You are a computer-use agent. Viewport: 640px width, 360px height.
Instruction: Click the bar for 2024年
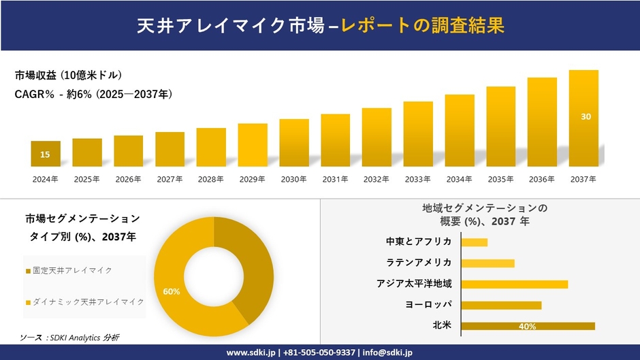click(46, 154)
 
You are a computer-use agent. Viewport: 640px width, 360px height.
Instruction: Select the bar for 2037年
click(583, 118)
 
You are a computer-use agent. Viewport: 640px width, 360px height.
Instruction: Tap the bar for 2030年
click(294, 143)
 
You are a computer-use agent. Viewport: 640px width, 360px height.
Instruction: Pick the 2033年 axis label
click(417, 180)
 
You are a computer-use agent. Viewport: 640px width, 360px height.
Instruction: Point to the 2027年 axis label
click(170, 180)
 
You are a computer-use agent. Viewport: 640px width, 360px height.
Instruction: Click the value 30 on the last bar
click(586, 117)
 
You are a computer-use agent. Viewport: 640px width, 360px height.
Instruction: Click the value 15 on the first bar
click(45, 155)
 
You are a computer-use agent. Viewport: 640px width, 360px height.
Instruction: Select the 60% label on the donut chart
click(172, 291)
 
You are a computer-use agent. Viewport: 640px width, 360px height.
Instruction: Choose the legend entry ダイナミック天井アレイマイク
click(84, 301)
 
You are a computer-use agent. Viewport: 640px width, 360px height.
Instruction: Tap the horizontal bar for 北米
click(528, 326)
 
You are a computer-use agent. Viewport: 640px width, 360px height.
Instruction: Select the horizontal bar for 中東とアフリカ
click(475, 242)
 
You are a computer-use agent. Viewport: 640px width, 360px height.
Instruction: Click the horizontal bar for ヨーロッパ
click(501, 305)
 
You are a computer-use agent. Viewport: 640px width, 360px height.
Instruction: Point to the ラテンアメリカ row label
click(418, 263)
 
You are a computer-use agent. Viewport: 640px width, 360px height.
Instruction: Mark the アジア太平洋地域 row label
click(414, 284)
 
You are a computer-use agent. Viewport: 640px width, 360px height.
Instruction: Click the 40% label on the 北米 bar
click(527, 327)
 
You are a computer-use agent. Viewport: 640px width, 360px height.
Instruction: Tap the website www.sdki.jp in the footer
click(251, 353)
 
